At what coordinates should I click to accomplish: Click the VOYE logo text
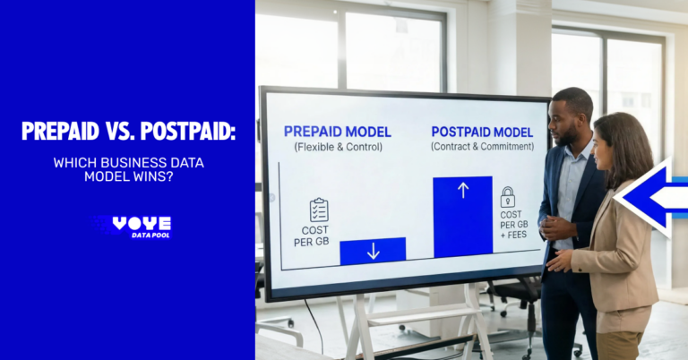(142, 223)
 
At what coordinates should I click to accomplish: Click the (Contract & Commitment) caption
(481, 146)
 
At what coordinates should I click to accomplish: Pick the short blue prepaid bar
(373, 251)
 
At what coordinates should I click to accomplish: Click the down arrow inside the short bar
(373, 252)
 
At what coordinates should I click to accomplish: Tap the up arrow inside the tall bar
(462, 190)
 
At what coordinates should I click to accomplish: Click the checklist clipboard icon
(319, 210)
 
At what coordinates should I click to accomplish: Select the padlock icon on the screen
(507, 197)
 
